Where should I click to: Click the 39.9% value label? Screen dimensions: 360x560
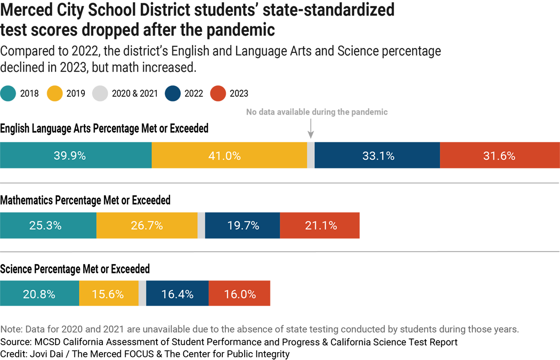point(70,156)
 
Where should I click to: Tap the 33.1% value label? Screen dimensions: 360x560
point(378,156)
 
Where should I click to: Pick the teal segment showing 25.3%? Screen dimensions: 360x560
point(48,232)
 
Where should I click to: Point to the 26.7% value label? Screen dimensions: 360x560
point(147,226)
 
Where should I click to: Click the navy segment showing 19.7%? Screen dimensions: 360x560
point(242,232)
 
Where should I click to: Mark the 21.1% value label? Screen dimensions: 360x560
point(321,226)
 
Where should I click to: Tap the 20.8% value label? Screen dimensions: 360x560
point(39,294)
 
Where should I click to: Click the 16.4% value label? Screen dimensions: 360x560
point(177,294)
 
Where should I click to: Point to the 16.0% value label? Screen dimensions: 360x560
point(240,294)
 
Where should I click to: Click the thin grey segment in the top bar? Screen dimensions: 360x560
point(311,162)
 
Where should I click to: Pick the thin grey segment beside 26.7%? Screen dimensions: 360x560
point(201,232)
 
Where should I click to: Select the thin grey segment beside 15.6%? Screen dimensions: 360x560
point(142,294)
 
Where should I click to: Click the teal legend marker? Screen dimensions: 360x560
point(9,94)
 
